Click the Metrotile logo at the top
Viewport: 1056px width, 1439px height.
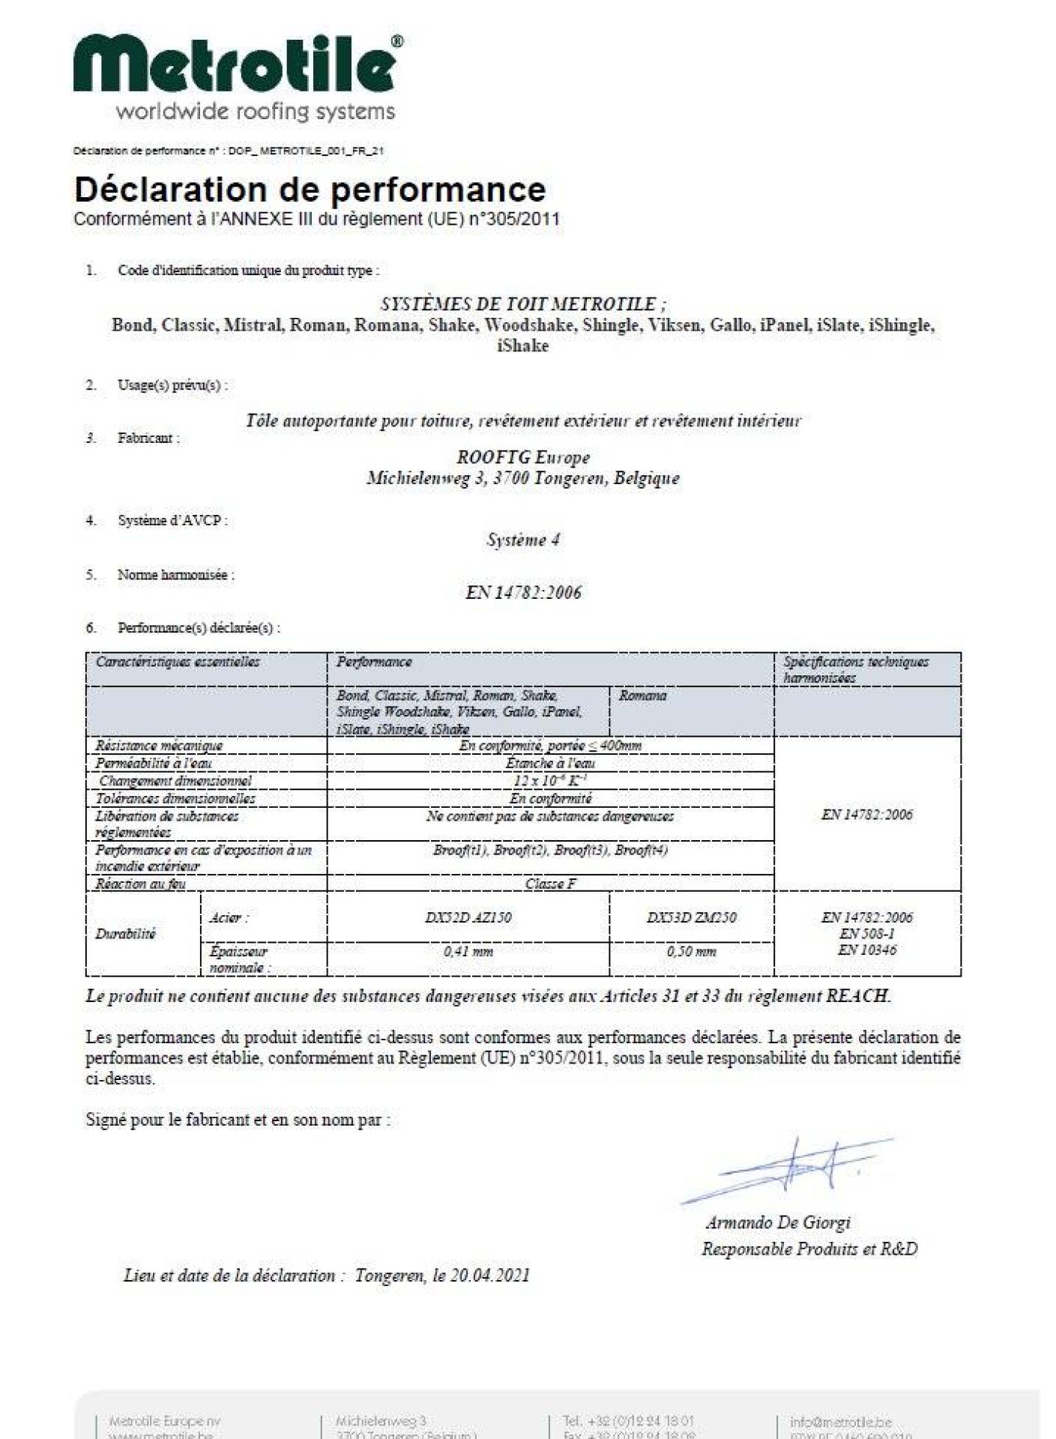point(236,64)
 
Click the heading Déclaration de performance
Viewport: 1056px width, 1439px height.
point(310,190)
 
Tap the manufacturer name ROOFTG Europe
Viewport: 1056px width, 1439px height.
point(523,457)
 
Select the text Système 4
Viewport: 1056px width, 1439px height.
point(523,540)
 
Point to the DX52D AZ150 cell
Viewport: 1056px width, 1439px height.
point(468,917)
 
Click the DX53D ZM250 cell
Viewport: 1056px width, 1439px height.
point(691,917)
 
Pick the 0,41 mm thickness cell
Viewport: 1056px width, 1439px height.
point(468,952)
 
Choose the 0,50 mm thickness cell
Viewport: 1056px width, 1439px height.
point(691,952)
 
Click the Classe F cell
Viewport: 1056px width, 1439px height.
point(550,884)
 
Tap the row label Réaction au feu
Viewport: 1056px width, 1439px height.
point(141,884)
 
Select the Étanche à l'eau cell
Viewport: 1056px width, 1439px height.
point(550,763)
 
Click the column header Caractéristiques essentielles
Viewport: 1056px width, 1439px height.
point(178,662)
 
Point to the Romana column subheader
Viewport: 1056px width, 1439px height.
point(643,696)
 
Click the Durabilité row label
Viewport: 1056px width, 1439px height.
point(126,934)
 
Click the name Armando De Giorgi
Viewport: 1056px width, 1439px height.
point(778,1222)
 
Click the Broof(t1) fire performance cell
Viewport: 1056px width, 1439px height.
point(550,850)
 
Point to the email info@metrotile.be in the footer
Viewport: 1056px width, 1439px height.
point(840,1422)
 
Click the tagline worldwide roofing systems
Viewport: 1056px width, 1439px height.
point(255,112)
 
